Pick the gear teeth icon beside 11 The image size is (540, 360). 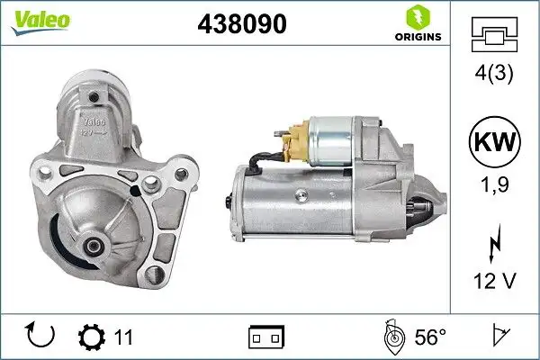click(92, 337)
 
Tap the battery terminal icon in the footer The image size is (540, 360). click(265, 337)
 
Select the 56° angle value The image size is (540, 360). click(429, 337)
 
